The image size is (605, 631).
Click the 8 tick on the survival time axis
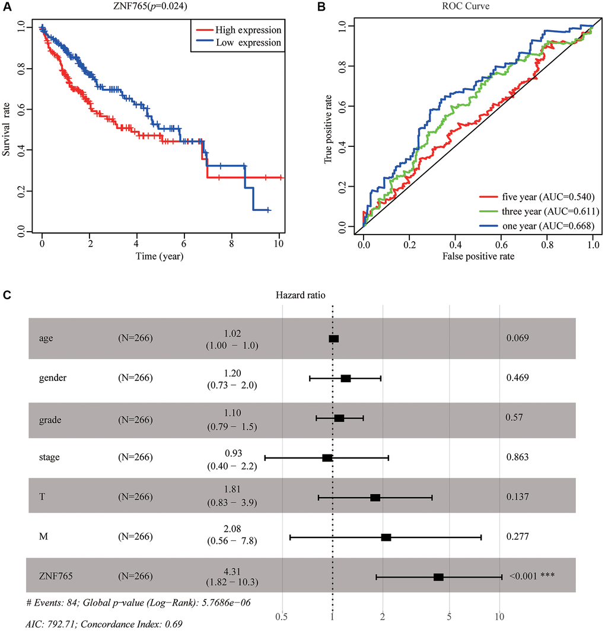click(231, 244)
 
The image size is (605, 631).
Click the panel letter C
click(7, 295)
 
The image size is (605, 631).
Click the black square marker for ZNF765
click(438, 577)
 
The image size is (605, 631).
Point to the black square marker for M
click(386, 537)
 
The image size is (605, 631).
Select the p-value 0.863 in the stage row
click(517, 458)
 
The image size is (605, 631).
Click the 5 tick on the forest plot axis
click(450, 616)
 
